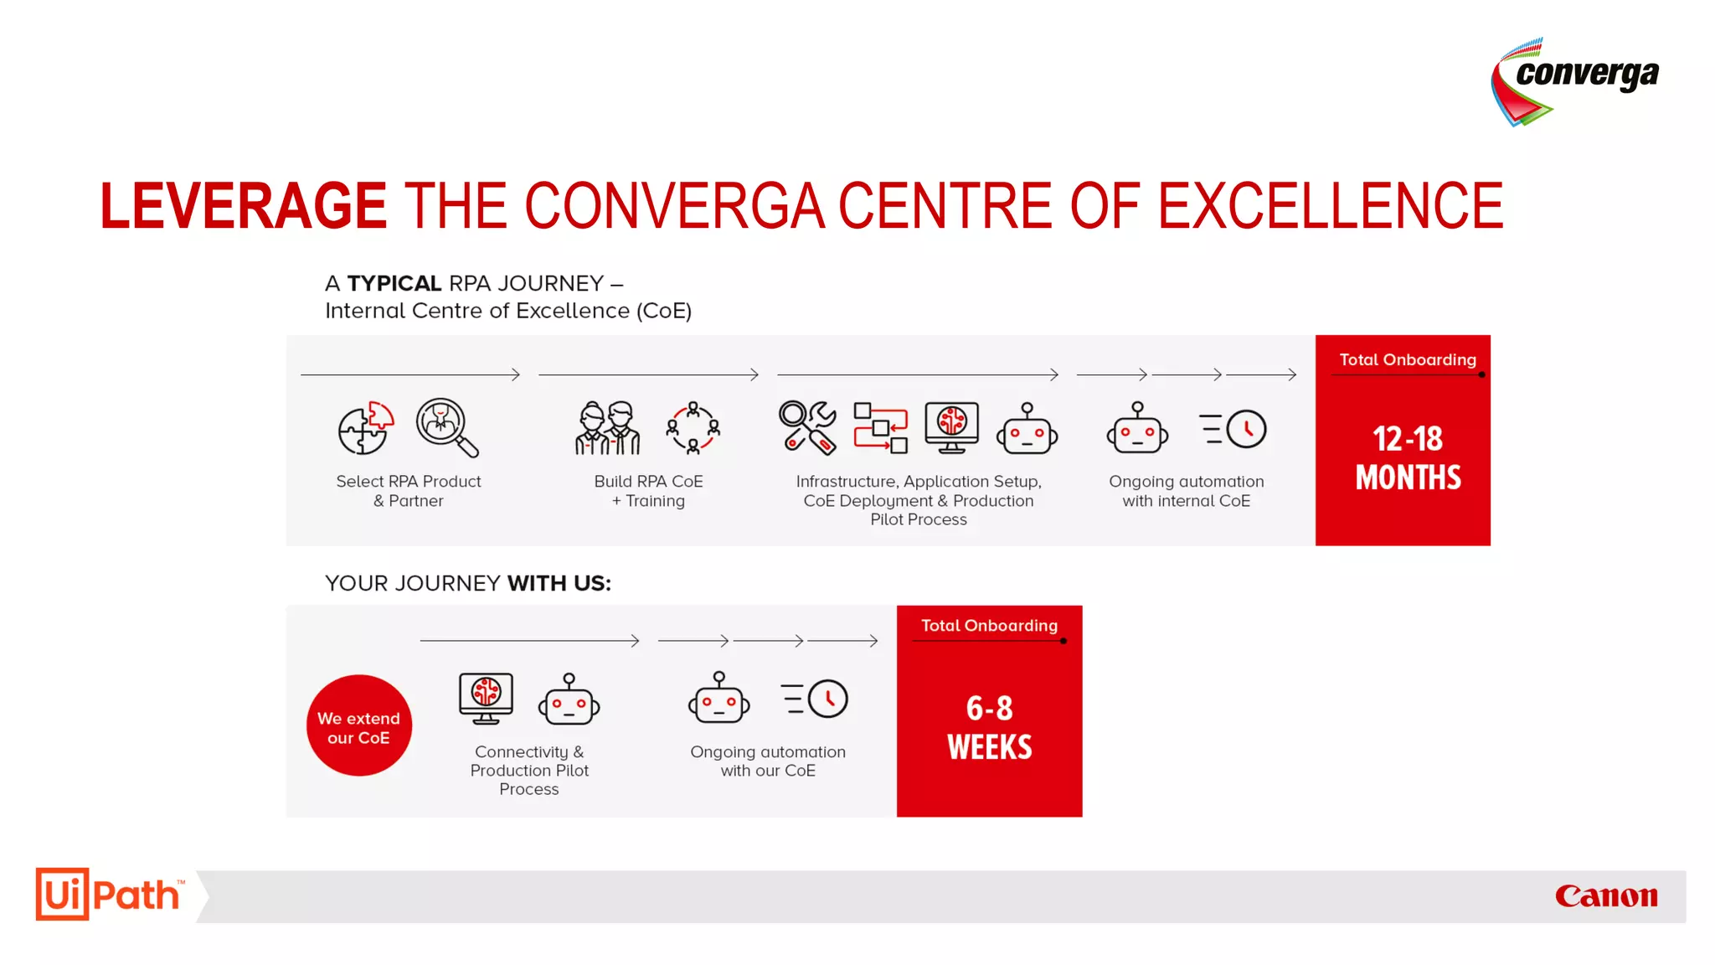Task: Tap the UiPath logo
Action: coord(108,895)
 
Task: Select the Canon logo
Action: coord(1605,896)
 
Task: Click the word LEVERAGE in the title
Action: coord(243,206)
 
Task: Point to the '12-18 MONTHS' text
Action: coord(1408,457)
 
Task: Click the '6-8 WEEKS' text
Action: coord(989,727)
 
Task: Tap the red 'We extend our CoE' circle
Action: coord(358,725)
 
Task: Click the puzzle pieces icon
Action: coord(365,428)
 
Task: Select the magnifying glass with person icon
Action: coord(447,427)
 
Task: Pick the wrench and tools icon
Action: coord(807,427)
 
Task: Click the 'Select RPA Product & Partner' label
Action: coord(409,491)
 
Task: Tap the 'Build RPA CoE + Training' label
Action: coord(648,491)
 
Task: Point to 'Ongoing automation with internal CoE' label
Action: coord(1186,491)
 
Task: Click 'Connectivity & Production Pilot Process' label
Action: coord(529,770)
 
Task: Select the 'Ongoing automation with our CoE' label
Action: coord(767,761)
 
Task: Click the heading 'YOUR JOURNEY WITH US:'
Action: coord(467,583)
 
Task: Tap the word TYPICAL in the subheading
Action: coord(394,283)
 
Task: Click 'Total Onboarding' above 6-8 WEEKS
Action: coord(989,626)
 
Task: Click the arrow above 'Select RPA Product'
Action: coord(410,374)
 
